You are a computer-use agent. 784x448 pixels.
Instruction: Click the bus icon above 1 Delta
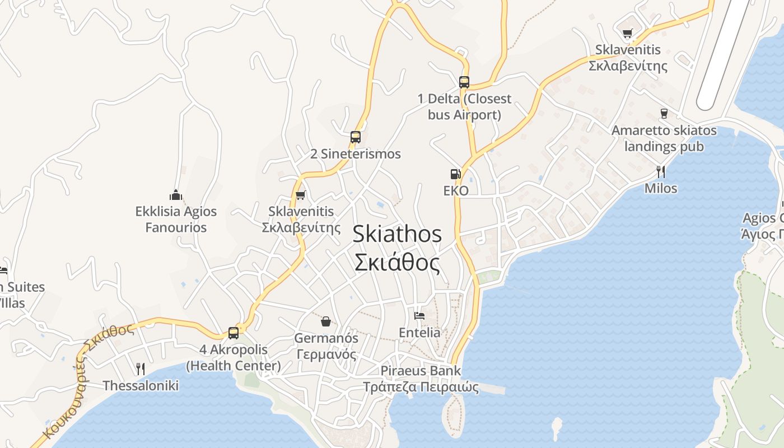[x=464, y=82]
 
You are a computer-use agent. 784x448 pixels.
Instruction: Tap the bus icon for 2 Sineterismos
[x=355, y=137]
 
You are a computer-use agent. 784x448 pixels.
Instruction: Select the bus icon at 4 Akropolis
[x=234, y=333]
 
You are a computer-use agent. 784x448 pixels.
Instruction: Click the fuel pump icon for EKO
[x=455, y=174]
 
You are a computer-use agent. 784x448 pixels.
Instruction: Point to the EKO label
[x=455, y=191]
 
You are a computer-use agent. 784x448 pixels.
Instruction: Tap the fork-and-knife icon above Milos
[x=661, y=171]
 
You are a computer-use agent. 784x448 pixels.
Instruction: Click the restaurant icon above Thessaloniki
[x=141, y=368]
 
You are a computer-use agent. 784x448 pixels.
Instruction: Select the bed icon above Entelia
[x=419, y=315]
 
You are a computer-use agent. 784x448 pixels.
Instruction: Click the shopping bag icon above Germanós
[x=325, y=321]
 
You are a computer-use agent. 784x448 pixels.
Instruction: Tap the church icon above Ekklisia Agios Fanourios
[x=176, y=195]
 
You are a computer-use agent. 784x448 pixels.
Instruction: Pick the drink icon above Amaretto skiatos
[x=664, y=114]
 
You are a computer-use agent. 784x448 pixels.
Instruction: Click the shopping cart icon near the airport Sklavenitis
[x=627, y=34]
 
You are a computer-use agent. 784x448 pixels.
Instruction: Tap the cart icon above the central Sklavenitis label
[x=301, y=195]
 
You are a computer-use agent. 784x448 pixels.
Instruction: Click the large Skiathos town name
[x=397, y=234]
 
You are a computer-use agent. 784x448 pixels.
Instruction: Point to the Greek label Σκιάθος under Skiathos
[x=397, y=262]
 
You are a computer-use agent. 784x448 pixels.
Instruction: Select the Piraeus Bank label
[x=421, y=371]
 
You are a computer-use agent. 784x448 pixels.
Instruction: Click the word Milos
[x=661, y=188]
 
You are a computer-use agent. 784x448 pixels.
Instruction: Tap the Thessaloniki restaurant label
[x=141, y=385]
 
